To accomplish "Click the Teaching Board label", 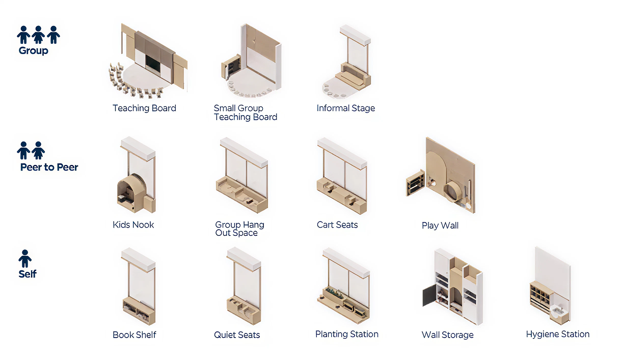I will pos(144,108).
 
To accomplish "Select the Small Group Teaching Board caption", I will pos(245,113).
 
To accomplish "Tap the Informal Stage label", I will pos(345,108).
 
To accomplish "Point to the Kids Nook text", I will pos(133,225).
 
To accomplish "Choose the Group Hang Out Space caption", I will pos(239,229).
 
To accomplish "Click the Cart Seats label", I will pos(337,225).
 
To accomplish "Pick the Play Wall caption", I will pos(440,226).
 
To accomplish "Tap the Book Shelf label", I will pos(134,335).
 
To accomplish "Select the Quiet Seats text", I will pos(237,335).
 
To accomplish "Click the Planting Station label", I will pos(346,334).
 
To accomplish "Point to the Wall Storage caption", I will pos(447,335).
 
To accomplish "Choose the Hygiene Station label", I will pos(557,334).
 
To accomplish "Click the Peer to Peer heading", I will pos(49,167).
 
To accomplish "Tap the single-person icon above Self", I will pos(25,259).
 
